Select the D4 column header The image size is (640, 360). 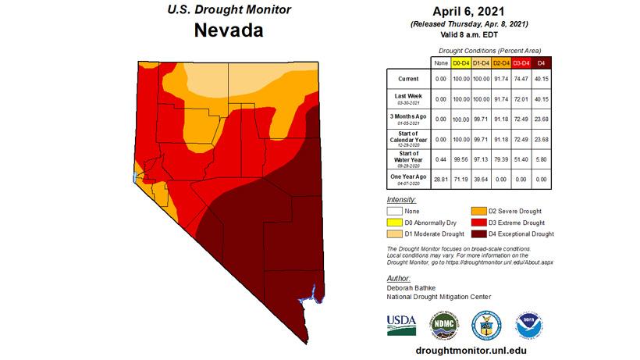[542, 62]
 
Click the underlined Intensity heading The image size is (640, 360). [401, 200]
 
